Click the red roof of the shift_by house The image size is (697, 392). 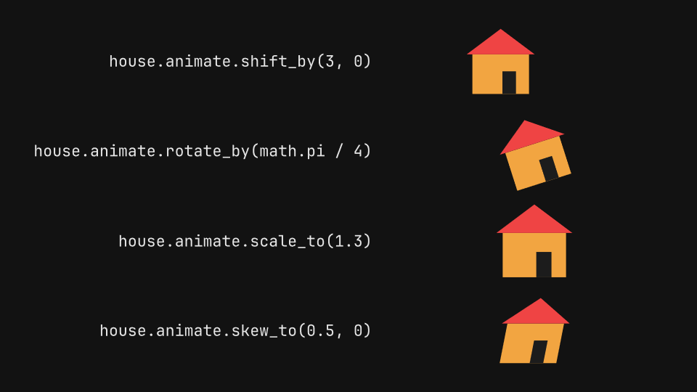click(x=500, y=45)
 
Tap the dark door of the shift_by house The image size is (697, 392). click(x=510, y=83)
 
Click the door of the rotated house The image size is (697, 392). click(x=549, y=168)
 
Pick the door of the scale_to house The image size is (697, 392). click(x=544, y=264)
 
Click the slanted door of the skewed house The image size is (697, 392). click(x=539, y=352)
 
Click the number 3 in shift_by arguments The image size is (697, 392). click(x=330, y=61)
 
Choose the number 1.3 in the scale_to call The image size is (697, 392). click(x=348, y=241)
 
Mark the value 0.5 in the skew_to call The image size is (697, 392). click(x=320, y=331)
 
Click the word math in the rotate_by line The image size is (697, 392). click(x=278, y=151)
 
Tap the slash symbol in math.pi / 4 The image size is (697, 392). click(x=339, y=151)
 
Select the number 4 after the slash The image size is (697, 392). click(x=358, y=151)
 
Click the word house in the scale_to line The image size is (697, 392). click(x=142, y=241)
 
